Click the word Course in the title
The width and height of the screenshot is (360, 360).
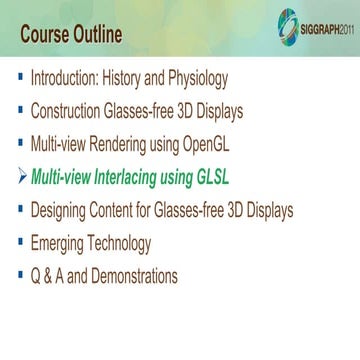(51, 36)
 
